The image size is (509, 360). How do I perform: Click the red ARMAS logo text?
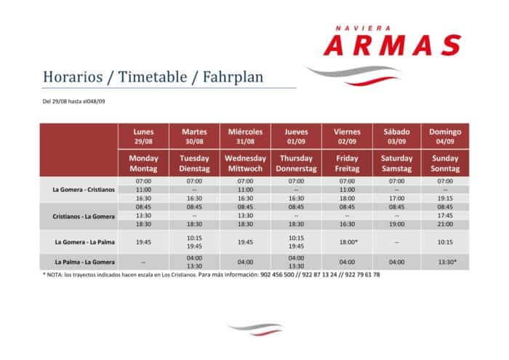point(393,45)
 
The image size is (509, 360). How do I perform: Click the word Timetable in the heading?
point(153,77)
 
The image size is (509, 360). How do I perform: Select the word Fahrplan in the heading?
point(233,78)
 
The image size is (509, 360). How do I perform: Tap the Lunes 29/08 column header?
point(143,136)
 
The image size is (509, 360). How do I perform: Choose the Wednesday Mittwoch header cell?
point(246,164)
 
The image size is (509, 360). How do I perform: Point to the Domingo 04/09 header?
point(445,136)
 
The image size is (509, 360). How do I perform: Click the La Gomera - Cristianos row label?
point(84,190)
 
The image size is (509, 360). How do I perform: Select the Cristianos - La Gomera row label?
point(84,217)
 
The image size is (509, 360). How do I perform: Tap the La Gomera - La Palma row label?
point(85,242)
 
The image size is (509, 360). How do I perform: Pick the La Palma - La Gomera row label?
point(85,262)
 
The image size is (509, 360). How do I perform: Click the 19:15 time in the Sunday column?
point(445,199)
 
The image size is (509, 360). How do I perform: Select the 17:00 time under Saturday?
point(397,199)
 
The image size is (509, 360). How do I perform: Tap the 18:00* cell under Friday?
point(348,242)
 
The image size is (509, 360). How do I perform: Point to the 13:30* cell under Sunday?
point(447,262)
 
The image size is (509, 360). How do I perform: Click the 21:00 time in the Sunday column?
point(445,224)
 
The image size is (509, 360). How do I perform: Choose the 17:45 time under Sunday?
point(445,215)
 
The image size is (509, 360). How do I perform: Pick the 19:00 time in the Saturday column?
point(397,224)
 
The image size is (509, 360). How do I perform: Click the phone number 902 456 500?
point(277,275)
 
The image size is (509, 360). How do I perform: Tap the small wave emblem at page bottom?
point(257,329)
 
